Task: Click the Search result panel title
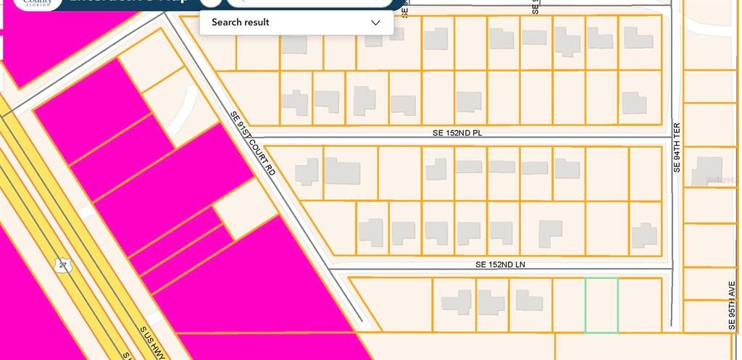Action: [240, 22]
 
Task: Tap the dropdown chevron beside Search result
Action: [375, 22]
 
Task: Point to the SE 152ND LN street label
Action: [500, 265]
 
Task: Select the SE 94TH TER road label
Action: [677, 147]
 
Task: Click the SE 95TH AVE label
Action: [732, 304]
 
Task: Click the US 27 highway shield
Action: [64, 264]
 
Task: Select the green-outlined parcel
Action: [601, 305]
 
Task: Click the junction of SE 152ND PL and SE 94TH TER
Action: [672, 138]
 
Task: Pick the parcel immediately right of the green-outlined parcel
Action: [640, 305]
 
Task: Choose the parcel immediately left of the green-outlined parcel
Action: [569, 305]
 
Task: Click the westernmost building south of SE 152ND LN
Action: [457, 301]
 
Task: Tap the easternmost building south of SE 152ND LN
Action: [529, 301]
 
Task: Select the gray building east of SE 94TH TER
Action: [706, 171]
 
